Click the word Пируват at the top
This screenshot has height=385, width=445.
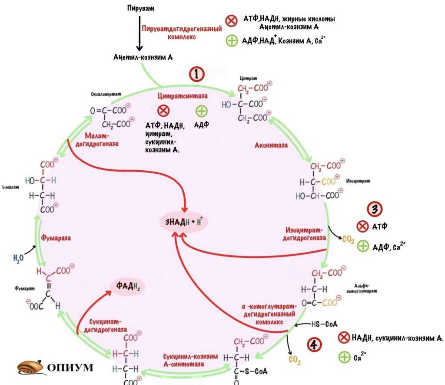tap(141, 9)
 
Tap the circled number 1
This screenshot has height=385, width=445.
tap(196, 74)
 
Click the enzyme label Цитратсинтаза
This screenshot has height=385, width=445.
tap(183, 95)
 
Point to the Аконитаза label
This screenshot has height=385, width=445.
tap(271, 145)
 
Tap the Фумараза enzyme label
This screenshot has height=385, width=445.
tap(56, 238)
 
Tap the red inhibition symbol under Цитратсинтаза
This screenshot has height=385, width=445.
tap(163, 111)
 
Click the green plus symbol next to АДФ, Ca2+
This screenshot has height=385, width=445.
tap(362, 247)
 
